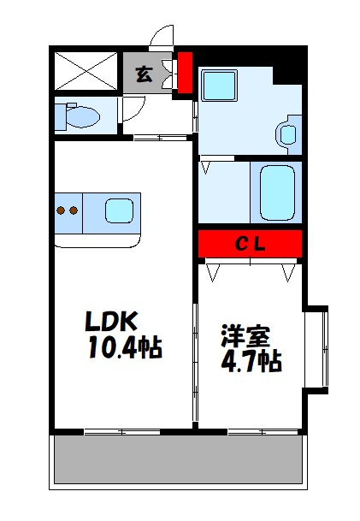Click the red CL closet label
pyautogui.click(x=251, y=244)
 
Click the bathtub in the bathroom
pyautogui.click(x=275, y=192)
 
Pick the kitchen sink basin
pyautogui.click(x=120, y=210)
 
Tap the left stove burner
pyautogui.click(x=62, y=209)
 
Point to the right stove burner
pyautogui.click(x=75, y=209)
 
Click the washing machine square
pyautogui.click(x=220, y=86)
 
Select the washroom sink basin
pyautogui.click(x=286, y=133)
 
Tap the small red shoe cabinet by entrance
pyautogui.click(x=184, y=74)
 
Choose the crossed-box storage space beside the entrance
pyautogui.click(x=85, y=72)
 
